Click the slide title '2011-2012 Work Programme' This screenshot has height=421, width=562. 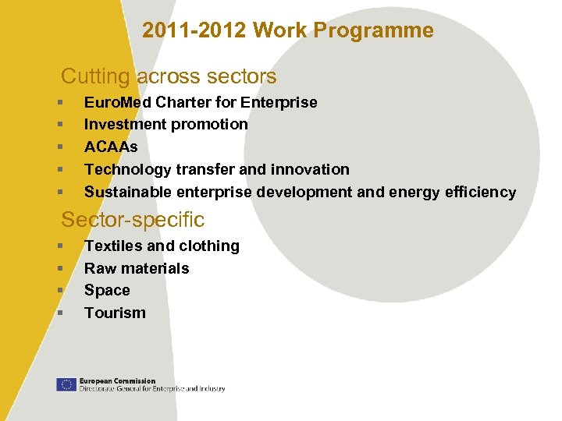pyautogui.click(x=287, y=31)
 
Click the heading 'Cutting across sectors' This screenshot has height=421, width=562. pyautogui.click(x=169, y=76)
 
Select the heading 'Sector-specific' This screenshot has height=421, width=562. pyautogui.click(x=133, y=220)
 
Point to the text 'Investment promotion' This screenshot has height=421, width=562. pyautogui.click(x=165, y=125)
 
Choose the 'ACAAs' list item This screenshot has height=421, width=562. pyautogui.click(x=111, y=147)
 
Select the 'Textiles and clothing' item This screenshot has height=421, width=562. pyautogui.click(x=162, y=246)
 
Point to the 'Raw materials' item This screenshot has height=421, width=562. pyautogui.click(x=137, y=268)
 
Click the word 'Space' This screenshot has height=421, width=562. pyautogui.click(x=107, y=291)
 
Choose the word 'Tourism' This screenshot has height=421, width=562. pyautogui.click(x=115, y=313)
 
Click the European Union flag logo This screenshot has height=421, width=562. pyautogui.click(x=66, y=384)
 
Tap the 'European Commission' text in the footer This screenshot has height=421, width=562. pyautogui.click(x=117, y=380)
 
